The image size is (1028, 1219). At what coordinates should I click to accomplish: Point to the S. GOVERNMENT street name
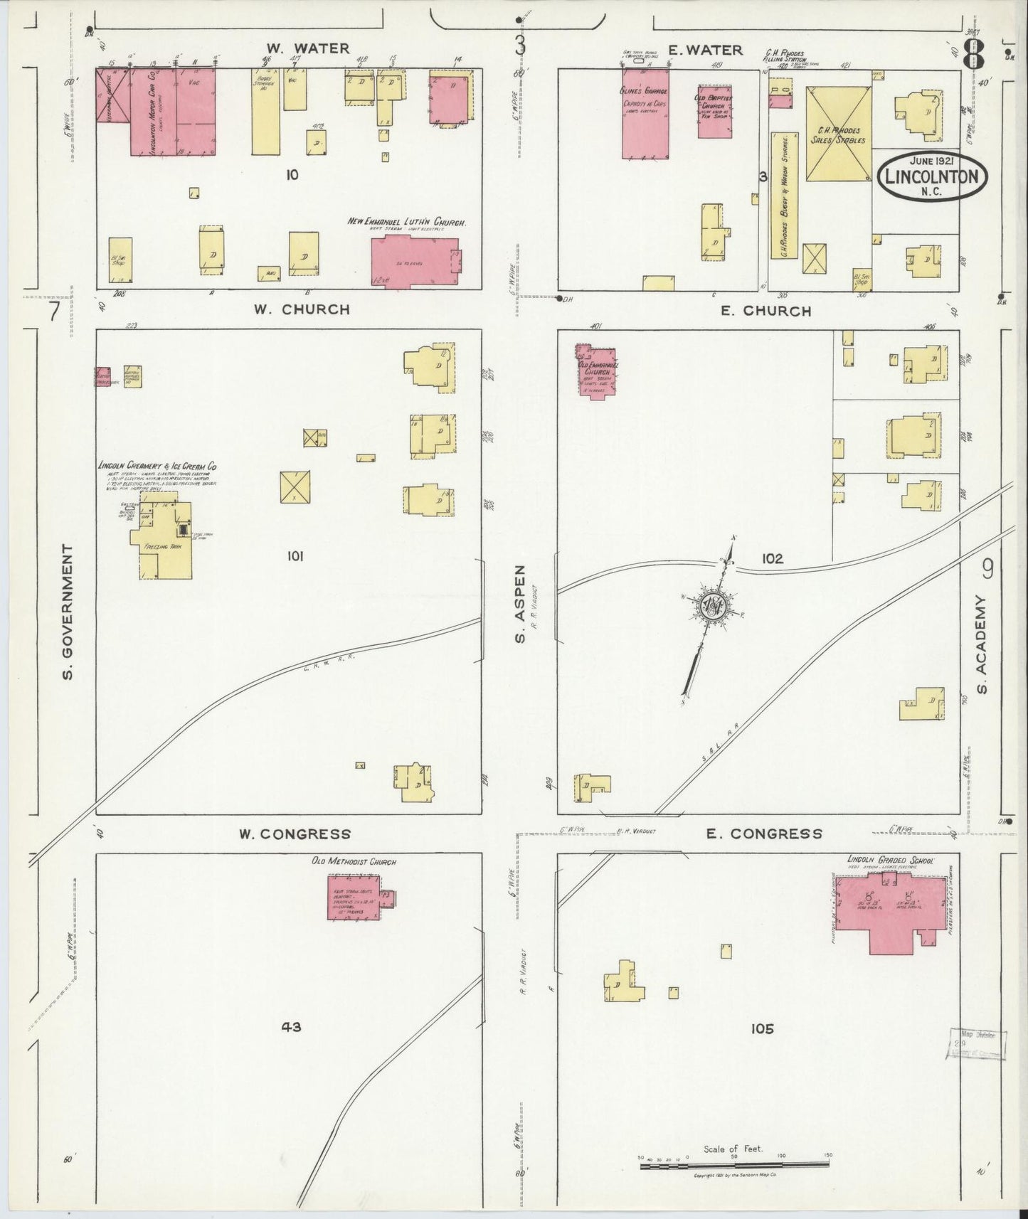[x=68, y=612]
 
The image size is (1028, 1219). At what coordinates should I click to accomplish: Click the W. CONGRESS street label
[x=295, y=834]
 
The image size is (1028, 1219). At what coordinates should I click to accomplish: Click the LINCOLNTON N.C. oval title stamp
[x=931, y=175]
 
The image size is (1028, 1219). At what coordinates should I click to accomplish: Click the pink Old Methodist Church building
[x=354, y=898]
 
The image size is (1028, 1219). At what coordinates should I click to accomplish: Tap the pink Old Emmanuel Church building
[x=595, y=371]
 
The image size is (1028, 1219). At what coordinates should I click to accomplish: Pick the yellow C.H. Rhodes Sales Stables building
[x=838, y=134]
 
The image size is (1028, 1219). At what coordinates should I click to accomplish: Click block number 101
[x=295, y=556]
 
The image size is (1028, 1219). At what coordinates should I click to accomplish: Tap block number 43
[x=291, y=1026]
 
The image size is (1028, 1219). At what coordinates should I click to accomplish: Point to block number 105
[x=761, y=1028]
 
